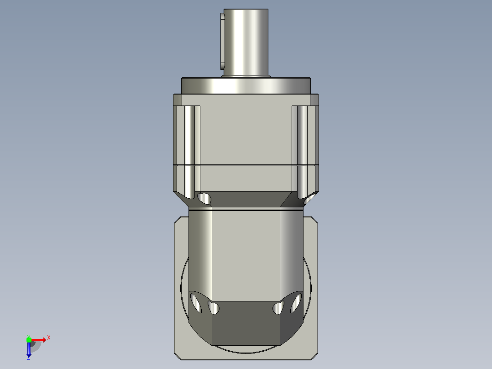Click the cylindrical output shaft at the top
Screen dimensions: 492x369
tap(246, 42)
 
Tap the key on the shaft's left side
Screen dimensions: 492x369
tap(222, 41)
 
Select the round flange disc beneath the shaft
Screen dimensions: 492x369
tap(246, 85)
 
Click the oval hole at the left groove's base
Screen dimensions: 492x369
tap(204, 199)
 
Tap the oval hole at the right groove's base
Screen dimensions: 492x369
tap(309, 199)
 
